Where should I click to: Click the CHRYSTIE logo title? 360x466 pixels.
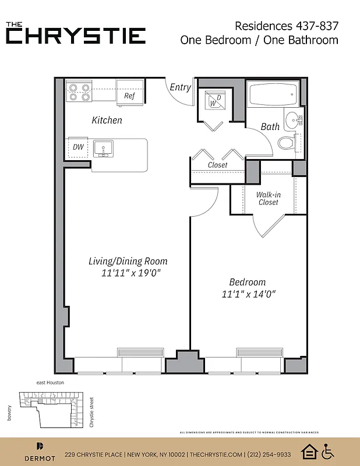coord(76,35)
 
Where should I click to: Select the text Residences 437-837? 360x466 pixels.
coord(286,26)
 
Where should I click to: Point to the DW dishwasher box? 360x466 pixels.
coord(78,147)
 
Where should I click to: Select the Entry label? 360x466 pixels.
coord(180,87)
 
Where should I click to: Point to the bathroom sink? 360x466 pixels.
coord(292,119)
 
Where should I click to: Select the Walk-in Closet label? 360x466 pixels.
coord(268,199)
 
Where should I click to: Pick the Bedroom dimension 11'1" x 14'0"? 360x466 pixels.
coord(247,294)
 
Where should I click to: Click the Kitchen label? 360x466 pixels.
coord(107,120)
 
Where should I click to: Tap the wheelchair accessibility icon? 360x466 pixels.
coord(329,451)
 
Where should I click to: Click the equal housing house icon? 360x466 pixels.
coord(309,451)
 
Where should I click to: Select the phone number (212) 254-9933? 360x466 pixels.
coord(268,454)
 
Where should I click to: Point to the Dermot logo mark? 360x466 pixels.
coord(40,447)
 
